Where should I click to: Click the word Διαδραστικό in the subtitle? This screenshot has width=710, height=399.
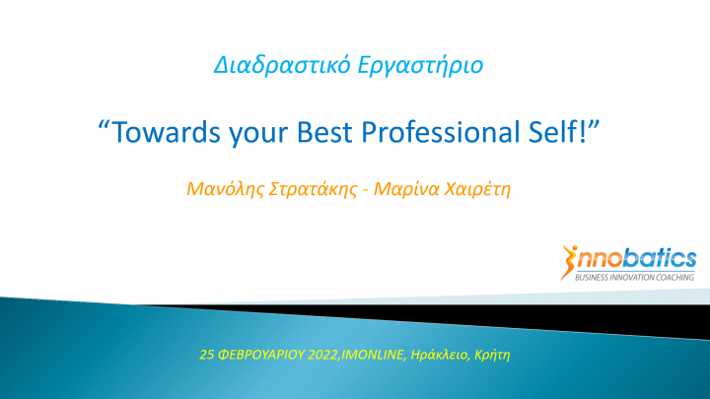pyautogui.click(x=282, y=65)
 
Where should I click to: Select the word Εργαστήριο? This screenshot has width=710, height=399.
pyautogui.click(x=420, y=66)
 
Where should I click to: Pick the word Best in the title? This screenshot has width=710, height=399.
pyautogui.click(x=324, y=132)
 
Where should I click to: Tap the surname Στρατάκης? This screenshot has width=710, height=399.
pyautogui.click(x=314, y=189)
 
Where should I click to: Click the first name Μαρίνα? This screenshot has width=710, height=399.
pyautogui.click(x=406, y=189)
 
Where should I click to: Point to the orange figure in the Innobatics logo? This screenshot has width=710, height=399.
pyautogui.click(x=568, y=262)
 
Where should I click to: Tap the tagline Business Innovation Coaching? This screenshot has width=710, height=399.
pyautogui.click(x=634, y=277)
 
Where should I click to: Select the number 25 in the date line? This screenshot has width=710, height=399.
pyautogui.click(x=207, y=355)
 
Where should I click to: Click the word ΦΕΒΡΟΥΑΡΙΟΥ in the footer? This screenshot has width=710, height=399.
pyautogui.click(x=261, y=355)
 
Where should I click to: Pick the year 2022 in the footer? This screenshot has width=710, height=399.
pyautogui.click(x=322, y=355)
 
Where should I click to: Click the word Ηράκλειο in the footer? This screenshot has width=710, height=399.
pyautogui.click(x=439, y=355)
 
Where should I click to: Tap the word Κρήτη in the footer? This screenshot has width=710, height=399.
pyautogui.click(x=492, y=355)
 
